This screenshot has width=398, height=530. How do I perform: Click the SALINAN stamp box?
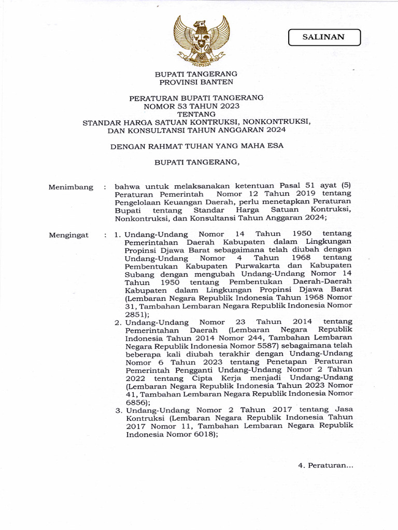(x=324, y=37)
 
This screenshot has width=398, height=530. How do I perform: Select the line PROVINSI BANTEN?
(x=196, y=82)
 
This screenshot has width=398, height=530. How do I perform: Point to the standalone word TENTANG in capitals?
(x=196, y=114)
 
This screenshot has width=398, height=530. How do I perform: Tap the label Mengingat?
(x=69, y=235)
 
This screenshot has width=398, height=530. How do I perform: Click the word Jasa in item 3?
(x=343, y=410)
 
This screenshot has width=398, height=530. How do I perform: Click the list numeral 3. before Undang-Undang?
(x=118, y=410)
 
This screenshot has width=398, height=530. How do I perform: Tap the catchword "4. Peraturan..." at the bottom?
(x=325, y=465)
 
